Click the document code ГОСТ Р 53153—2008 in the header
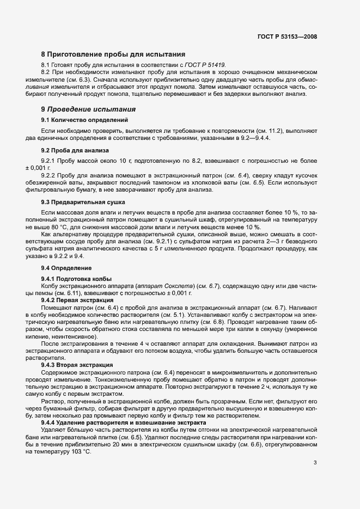(x=287, y=37)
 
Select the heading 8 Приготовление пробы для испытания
(x=113, y=54)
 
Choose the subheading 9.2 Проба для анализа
(x=75, y=150)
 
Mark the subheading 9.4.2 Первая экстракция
(x=77, y=300)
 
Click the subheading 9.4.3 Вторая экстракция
(x=77, y=365)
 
